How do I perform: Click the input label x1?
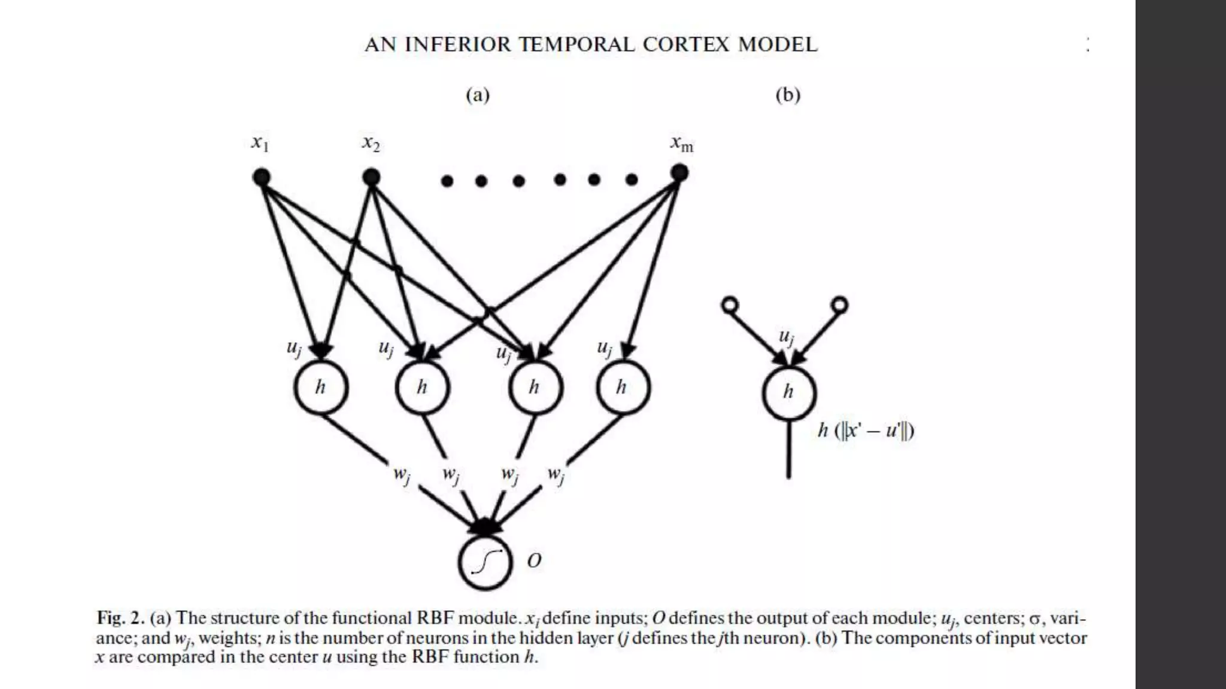coord(260,144)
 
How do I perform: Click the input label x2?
coord(371,144)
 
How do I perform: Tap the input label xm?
coord(681,144)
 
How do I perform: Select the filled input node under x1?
coord(262,177)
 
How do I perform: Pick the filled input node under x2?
coord(371,177)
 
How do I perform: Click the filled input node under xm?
coord(679,173)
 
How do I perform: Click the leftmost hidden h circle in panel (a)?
coord(321,388)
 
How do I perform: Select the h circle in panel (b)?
coord(789,392)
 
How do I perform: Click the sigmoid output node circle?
coord(485,562)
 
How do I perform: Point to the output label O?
coord(534,560)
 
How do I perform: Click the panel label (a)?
coord(478,95)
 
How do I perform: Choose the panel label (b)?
coord(788,95)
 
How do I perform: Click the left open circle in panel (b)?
coord(730,306)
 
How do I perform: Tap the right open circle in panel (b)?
coord(840,305)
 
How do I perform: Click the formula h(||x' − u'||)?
coord(866,430)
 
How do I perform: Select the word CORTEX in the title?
coord(686,45)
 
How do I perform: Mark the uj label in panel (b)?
coord(786,337)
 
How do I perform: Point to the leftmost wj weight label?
coord(402,475)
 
